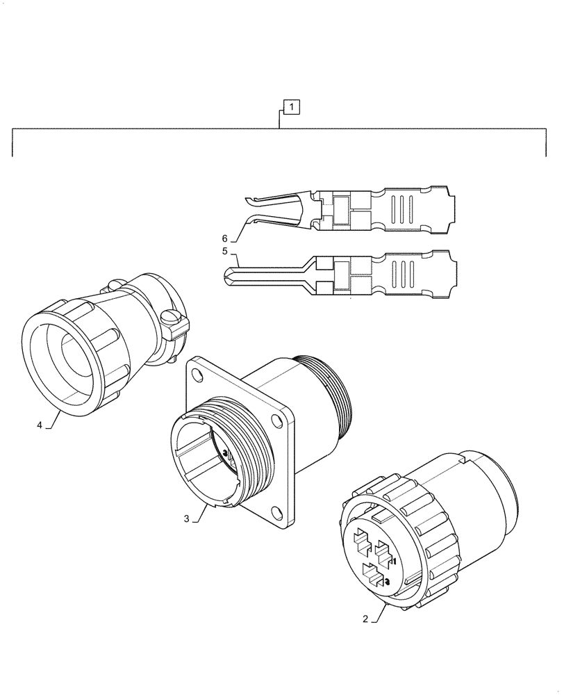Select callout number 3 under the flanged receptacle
point(187,518)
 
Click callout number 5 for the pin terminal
point(224,252)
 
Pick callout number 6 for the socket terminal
point(224,237)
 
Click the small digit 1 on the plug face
point(393,560)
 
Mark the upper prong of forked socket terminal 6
point(267,199)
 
